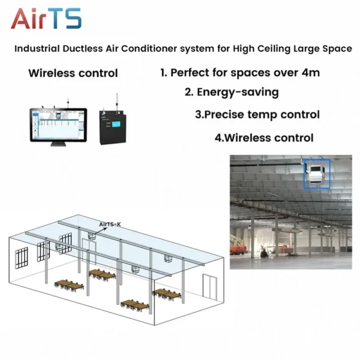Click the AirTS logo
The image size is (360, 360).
(46, 19)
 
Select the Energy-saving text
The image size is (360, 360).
(238, 92)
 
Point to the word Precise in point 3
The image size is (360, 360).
(224, 115)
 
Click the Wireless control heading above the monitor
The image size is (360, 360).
(73, 73)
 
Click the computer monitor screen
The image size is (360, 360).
(59, 125)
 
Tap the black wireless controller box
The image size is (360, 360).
(113, 127)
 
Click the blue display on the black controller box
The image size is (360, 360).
(116, 124)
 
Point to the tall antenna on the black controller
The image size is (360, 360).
(117, 104)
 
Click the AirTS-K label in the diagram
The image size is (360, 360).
(110, 224)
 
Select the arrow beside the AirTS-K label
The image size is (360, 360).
(101, 231)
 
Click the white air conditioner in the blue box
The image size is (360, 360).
(317, 174)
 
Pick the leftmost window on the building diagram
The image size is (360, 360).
(22, 258)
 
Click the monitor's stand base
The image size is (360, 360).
(58, 144)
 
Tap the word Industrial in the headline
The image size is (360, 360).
(37, 49)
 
